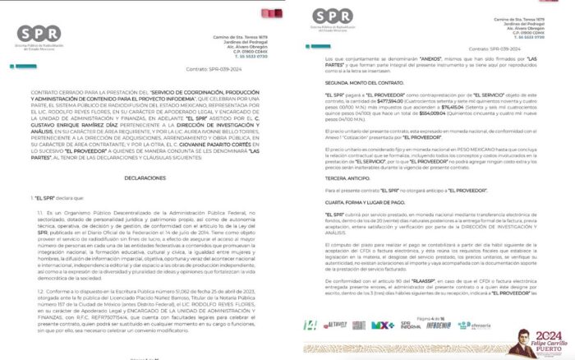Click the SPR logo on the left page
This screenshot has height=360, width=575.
pos(39,35)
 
